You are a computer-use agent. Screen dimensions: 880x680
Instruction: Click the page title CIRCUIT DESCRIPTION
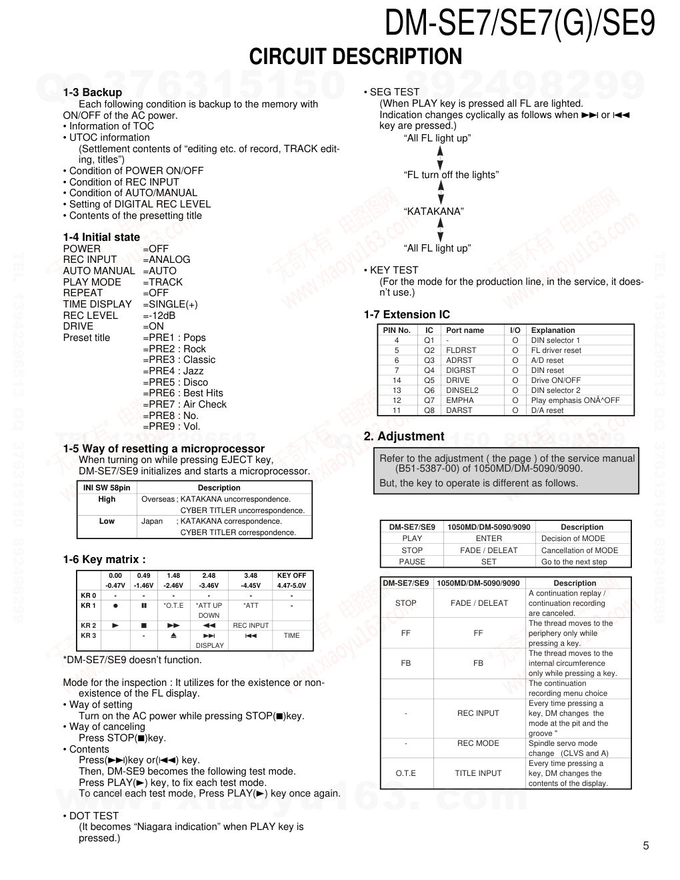(355, 57)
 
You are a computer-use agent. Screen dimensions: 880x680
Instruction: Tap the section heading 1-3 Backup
(93, 92)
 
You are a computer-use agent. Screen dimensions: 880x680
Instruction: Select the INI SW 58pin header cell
(107, 488)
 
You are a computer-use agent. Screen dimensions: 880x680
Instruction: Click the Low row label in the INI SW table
(107, 521)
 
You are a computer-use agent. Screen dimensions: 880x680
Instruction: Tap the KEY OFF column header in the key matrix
(291, 575)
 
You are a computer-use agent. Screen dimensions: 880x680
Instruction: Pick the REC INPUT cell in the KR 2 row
(251, 625)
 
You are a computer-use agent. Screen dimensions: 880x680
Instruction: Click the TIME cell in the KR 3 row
(291, 635)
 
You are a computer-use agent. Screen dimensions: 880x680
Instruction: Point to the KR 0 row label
(89, 595)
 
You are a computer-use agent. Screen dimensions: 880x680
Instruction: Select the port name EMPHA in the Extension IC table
(460, 400)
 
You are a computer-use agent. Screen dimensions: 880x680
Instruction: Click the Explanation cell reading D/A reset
(547, 410)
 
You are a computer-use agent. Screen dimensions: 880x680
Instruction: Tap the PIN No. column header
(397, 330)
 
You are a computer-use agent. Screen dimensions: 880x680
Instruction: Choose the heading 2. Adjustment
(404, 436)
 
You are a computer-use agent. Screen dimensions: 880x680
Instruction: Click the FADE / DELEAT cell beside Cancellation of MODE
(489, 550)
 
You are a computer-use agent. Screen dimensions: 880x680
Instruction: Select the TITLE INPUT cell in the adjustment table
(478, 773)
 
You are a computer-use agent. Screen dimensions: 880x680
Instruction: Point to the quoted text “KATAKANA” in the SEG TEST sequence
(434, 211)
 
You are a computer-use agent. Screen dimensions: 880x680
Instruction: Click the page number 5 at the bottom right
(645, 846)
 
